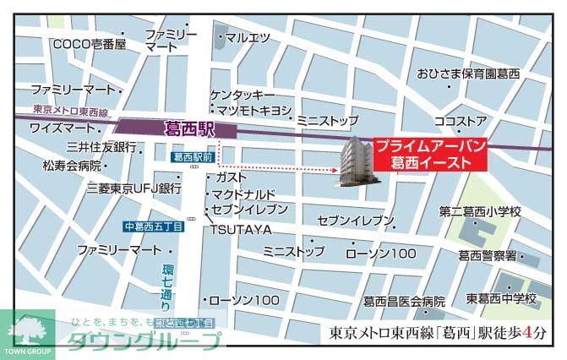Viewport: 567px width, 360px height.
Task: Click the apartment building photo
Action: click(x=355, y=161)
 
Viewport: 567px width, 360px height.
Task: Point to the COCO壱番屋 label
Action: click(x=88, y=44)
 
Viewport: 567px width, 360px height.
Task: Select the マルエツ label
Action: click(x=248, y=37)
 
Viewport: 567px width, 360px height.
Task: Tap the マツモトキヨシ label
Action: click(x=254, y=111)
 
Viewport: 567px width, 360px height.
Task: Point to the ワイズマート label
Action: click(x=64, y=128)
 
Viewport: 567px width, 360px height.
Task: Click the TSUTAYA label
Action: click(x=241, y=229)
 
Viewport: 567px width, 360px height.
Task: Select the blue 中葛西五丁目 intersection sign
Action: click(x=152, y=226)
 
